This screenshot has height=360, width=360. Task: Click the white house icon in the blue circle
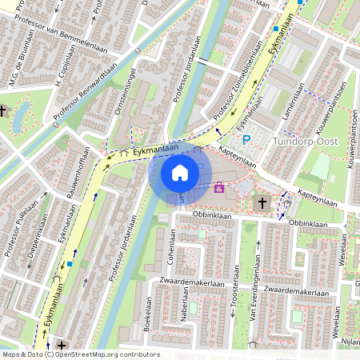coord(180,172)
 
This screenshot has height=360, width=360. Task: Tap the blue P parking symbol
coord(247,139)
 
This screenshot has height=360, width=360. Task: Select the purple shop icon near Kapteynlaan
coord(218,189)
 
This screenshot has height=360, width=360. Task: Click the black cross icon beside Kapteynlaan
coord(262,203)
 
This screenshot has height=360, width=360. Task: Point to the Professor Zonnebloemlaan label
coord(235,84)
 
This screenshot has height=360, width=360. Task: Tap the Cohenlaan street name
coord(171,246)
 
